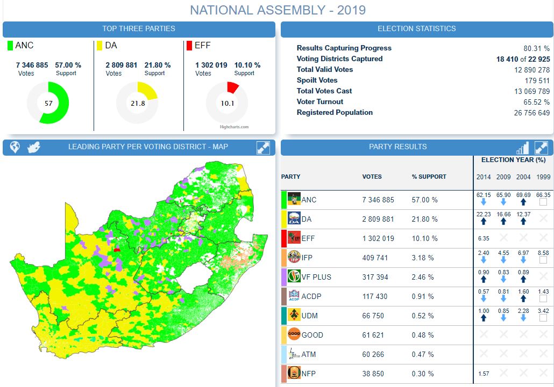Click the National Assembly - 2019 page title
coord(278,10)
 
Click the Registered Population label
coord(335,113)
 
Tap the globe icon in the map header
coord(15,148)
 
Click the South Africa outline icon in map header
coord(34,148)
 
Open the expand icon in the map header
coord(263,148)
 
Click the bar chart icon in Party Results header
coord(522,148)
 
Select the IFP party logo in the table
coord(294,258)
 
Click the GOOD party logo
coord(294,334)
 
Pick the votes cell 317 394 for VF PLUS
coord(378,277)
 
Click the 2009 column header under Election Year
coord(503,177)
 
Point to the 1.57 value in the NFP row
coord(484,374)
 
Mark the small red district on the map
coord(117,250)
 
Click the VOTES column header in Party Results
coord(372,177)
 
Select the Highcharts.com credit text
coord(234,127)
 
